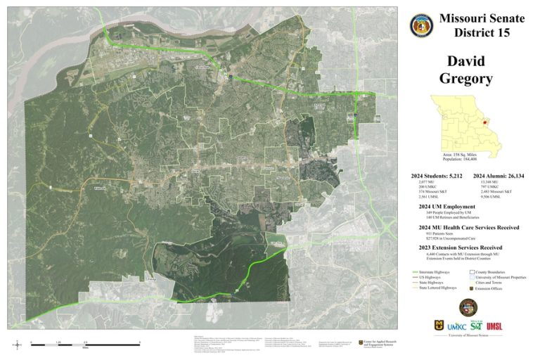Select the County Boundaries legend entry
click(492, 271)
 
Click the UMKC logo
click(457, 326)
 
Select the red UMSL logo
click(494, 326)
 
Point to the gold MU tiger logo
click(439, 326)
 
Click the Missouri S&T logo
click(476, 326)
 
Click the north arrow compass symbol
click(15, 344)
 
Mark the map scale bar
click(85, 344)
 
